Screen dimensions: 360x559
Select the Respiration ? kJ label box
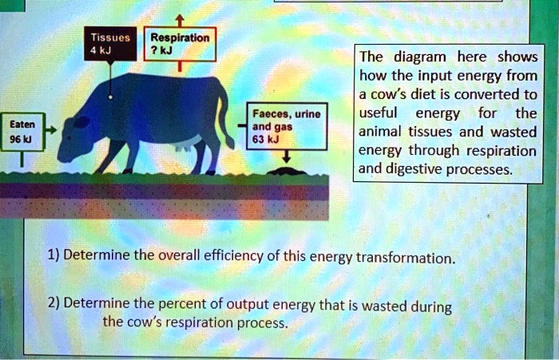180,45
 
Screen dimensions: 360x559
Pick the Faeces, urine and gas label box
285,126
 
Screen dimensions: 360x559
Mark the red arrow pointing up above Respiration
181,19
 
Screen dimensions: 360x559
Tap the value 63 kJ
264,139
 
